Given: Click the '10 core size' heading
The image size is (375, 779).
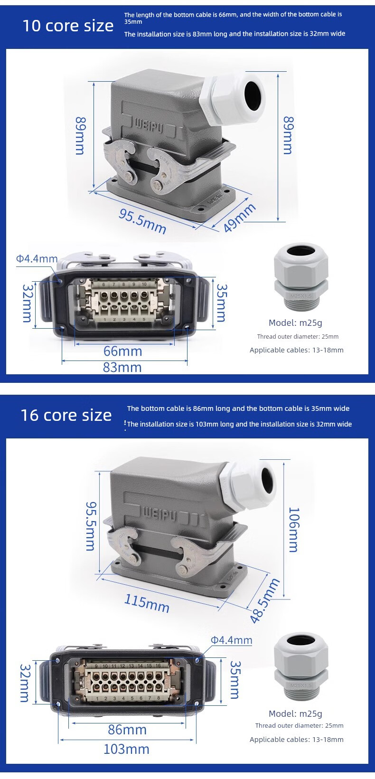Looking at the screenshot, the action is pyautogui.click(x=68, y=26).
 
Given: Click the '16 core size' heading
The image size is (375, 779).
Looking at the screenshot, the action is pyautogui.click(x=66, y=415).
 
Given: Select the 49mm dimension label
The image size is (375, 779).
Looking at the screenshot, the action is pyautogui.click(x=239, y=218).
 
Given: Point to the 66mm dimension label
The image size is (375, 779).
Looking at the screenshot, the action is pyautogui.click(x=122, y=351).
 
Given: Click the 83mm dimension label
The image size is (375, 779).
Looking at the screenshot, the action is pyautogui.click(x=122, y=367).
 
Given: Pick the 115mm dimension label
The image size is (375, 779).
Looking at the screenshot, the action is pyautogui.click(x=147, y=603).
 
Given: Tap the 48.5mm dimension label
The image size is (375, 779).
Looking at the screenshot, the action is pyautogui.click(x=265, y=600).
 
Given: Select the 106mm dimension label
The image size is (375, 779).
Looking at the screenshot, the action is pyautogui.click(x=294, y=530).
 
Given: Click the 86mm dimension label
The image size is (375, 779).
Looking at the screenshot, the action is pyautogui.click(x=127, y=730).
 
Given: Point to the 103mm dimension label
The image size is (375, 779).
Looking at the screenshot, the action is pyautogui.click(x=127, y=749).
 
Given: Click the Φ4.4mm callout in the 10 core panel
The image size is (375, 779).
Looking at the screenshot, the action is pyautogui.click(x=37, y=259).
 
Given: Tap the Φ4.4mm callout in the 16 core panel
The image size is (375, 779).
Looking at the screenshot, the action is pyautogui.click(x=232, y=640).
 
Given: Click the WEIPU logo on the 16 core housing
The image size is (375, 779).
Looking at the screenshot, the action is pyautogui.click(x=160, y=514).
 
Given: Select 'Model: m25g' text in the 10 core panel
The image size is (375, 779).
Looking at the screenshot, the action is pyautogui.click(x=295, y=323).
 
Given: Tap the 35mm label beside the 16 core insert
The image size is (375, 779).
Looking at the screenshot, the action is pyautogui.click(x=235, y=680).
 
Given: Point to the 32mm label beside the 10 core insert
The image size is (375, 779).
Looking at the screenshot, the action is pyautogui.click(x=27, y=303).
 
